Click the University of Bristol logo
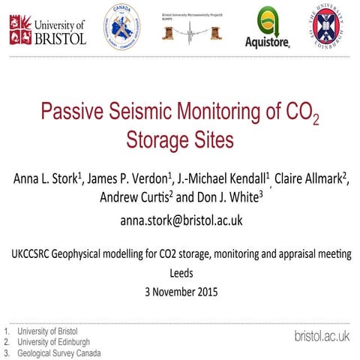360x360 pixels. [47, 29]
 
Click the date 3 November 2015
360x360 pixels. [181, 292]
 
